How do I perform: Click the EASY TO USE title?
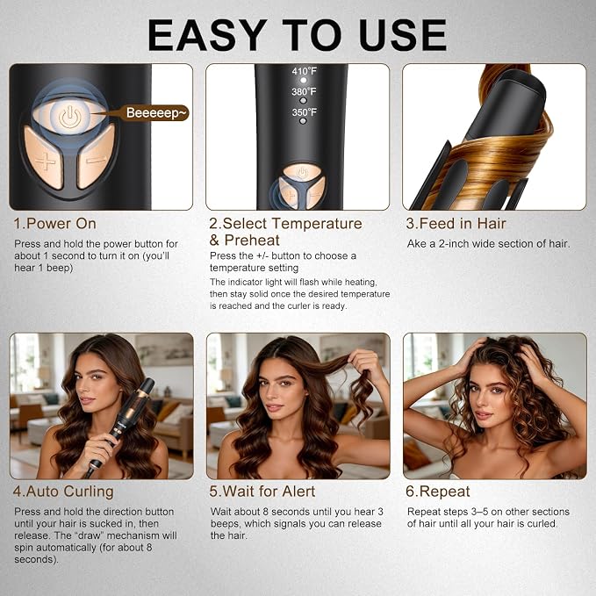pos(297,35)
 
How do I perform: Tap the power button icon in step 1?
pos(69,116)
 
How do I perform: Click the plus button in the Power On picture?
pos(45,158)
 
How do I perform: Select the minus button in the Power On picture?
pos(96,156)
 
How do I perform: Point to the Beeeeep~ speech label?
pos(157,113)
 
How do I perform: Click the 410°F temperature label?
pos(304,71)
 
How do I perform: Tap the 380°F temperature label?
pos(304,91)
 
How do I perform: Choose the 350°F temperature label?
pos(304,112)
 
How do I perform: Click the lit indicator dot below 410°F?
pos(304,80)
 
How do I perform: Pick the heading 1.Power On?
pos(54,224)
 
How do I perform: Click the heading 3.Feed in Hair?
pos(456,224)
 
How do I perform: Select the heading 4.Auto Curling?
pos(63,492)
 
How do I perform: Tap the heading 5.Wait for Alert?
pos(262,492)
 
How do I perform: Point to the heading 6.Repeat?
pos(438,492)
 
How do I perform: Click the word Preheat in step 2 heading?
pos(252,241)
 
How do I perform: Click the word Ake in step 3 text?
pos(416,244)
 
